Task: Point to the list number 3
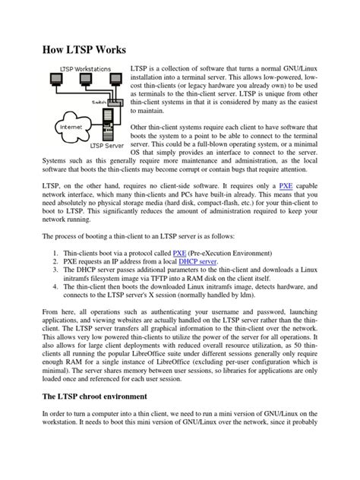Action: [57, 270]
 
